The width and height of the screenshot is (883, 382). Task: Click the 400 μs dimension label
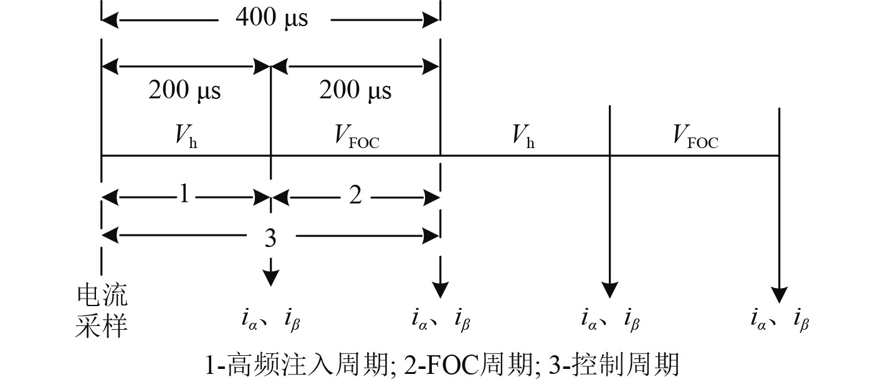271,18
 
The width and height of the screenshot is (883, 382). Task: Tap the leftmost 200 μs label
184,91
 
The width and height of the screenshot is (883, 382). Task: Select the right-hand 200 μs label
355,91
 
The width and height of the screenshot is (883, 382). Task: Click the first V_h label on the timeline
185,137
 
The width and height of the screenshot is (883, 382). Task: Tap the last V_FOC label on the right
695,138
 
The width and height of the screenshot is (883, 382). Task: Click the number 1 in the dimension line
184,195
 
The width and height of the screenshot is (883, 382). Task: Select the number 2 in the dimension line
355,195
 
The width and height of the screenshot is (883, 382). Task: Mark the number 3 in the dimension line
270,237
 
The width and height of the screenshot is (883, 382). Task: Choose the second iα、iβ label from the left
440,320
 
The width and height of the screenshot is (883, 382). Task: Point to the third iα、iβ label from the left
610,320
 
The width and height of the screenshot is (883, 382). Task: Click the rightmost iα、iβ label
780,320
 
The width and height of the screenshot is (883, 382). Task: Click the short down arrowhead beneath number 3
270,279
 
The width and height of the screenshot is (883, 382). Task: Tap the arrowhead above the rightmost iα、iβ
779,294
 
